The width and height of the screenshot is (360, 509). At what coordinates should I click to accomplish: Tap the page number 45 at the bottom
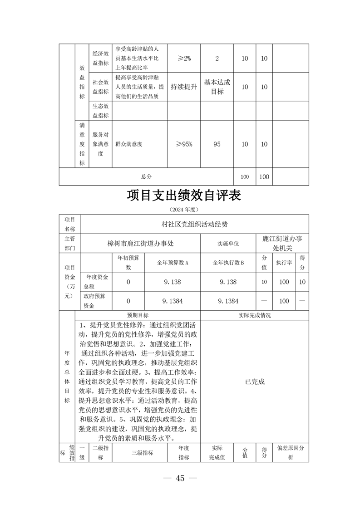180,479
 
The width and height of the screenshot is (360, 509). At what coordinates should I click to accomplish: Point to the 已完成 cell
254,382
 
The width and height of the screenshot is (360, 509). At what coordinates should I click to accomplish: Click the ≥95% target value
184,144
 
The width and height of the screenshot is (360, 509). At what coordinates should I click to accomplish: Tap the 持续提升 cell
184,87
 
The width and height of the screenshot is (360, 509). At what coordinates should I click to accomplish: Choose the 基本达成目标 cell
217,87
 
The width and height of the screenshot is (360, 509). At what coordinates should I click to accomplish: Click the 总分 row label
146,176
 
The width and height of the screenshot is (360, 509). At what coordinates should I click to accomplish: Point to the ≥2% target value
184,59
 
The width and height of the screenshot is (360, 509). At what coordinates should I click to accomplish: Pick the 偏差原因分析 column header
291,452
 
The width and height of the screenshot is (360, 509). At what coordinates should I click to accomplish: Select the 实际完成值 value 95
217,144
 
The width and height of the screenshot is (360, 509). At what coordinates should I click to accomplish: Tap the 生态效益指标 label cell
100,110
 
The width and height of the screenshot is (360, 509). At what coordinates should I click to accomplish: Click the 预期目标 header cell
137,315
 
